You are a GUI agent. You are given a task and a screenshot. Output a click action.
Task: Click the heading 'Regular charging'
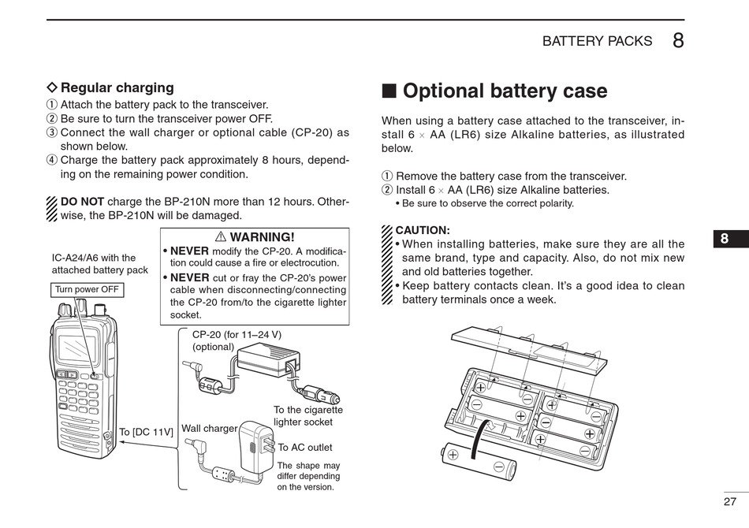pos(117,87)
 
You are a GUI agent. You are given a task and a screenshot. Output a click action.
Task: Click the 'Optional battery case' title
pos(505,91)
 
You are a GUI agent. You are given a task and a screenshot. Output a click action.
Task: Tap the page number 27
pos(729,501)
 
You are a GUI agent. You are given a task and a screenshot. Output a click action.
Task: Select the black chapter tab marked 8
pos(724,240)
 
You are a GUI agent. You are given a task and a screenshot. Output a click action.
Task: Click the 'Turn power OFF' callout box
pos(87,289)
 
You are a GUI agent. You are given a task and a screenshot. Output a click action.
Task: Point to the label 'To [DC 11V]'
pos(146,432)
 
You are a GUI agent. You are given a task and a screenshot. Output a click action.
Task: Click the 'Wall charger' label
pos(209,428)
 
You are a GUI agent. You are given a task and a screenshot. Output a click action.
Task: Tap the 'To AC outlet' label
pos(305,447)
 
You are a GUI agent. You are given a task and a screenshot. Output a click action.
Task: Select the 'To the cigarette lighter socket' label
pos(307,416)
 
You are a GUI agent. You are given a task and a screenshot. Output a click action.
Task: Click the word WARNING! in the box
pos(262,236)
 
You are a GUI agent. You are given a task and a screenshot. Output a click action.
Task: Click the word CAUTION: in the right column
pos(423,230)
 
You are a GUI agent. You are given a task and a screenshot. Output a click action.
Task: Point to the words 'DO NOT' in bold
pos(82,201)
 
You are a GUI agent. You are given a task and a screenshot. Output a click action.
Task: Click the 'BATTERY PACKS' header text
pos(597,41)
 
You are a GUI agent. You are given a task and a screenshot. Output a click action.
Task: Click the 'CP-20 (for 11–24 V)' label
pos(237,334)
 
